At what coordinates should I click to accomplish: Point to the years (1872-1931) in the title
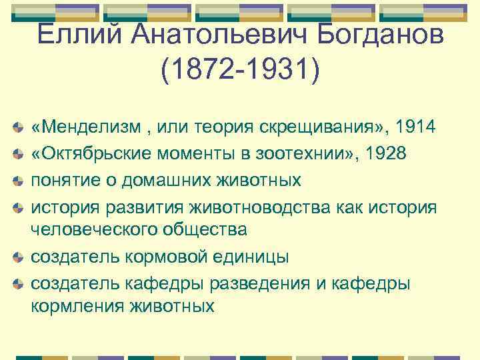coord(239,69)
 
